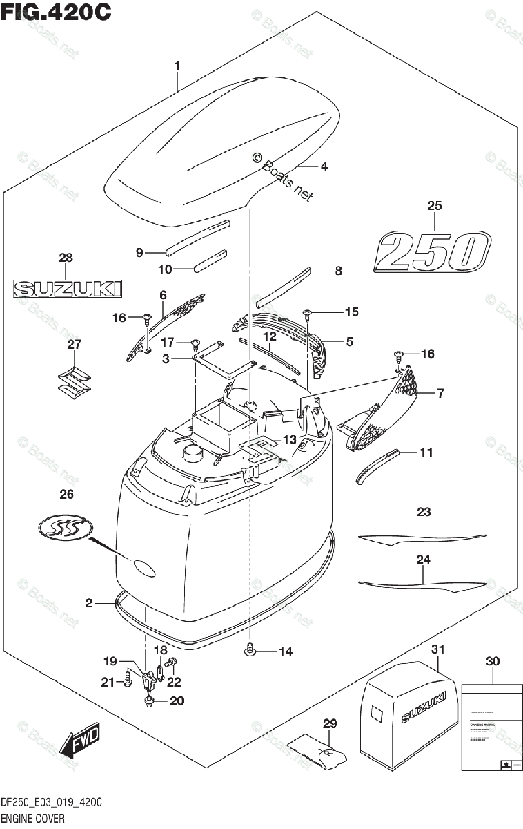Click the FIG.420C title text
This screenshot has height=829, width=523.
[56, 13]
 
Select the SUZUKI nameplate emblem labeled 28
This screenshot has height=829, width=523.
[67, 288]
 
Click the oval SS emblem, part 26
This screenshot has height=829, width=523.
[66, 528]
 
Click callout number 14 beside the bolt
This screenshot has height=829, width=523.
[285, 651]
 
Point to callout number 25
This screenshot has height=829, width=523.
[434, 205]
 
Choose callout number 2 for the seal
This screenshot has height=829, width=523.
[89, 604]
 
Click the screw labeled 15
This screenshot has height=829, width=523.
[308, 315]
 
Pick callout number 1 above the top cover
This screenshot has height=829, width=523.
[177, 66]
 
